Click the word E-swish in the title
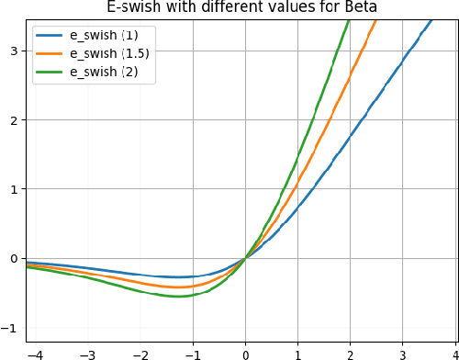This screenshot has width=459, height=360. (x=134, y=7)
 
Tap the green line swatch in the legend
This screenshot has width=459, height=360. (x=51, y=72)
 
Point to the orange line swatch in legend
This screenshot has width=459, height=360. (x=51, y=54)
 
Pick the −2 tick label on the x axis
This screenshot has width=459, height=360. (x=139, y=353)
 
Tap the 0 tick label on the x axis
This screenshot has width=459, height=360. (x=245, y=353)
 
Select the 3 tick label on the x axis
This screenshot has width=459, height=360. (x=403, y=353)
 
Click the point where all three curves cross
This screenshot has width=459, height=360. (x=245, y=258)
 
